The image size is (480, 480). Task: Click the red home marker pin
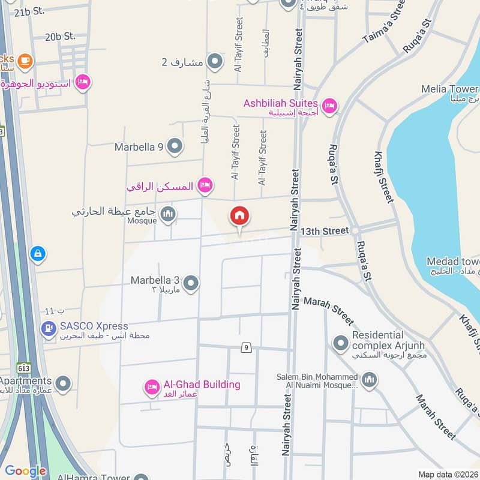239,217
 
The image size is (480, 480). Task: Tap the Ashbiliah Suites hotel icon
329,107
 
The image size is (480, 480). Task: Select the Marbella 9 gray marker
175,146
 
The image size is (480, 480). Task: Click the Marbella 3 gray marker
191,283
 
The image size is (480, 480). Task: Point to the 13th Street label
325,231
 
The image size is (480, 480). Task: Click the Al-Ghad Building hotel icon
152,387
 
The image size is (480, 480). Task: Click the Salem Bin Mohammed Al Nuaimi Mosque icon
369,379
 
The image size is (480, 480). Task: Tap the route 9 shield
245,347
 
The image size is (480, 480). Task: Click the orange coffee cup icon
25,60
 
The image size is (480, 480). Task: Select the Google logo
25,471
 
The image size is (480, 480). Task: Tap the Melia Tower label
450,89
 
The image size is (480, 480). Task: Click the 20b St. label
60,37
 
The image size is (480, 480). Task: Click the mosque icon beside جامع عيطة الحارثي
169,214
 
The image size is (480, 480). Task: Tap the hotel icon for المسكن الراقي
205,185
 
